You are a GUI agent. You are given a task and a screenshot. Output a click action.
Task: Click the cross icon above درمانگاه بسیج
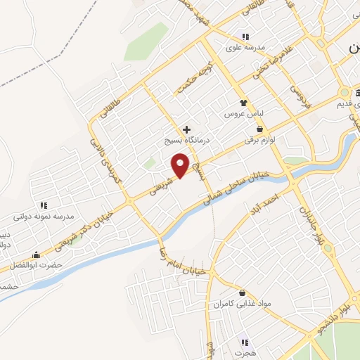click(186, 129)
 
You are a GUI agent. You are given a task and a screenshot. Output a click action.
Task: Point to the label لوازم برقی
click(262, 140)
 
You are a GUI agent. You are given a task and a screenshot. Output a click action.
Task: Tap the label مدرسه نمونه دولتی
click(46, 217)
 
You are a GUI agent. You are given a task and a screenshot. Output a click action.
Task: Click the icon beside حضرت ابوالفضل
click(36, 255)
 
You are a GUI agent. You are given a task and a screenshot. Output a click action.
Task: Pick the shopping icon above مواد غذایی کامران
click(243, 292)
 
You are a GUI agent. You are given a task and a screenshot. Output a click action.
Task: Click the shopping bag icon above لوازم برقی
click(261, 129)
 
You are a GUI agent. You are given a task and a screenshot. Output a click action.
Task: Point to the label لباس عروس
click(243, 113)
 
